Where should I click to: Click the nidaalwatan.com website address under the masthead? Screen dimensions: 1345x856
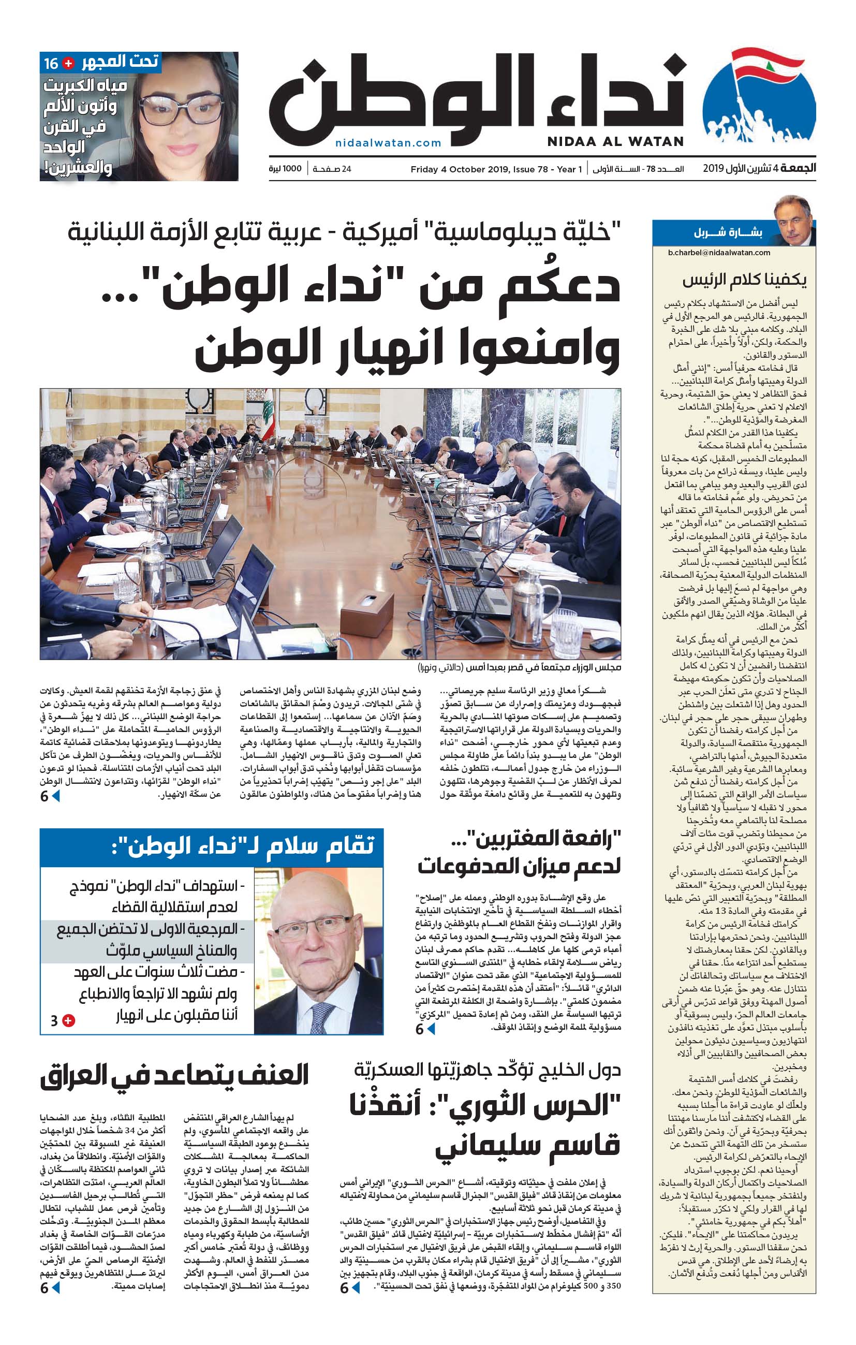[388, 143]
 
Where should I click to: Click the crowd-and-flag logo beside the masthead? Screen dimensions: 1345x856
[759, 100]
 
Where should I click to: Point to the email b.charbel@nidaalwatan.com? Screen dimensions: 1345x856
[719, 253]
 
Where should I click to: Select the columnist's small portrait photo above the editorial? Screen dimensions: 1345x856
[793, 220]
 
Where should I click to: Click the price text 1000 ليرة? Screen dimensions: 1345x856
[285, 169]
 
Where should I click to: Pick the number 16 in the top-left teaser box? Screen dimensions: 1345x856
[51, 64]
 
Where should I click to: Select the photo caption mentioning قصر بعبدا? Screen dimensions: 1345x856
[519, 667]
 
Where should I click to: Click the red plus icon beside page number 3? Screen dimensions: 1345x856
[69, 1020]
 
